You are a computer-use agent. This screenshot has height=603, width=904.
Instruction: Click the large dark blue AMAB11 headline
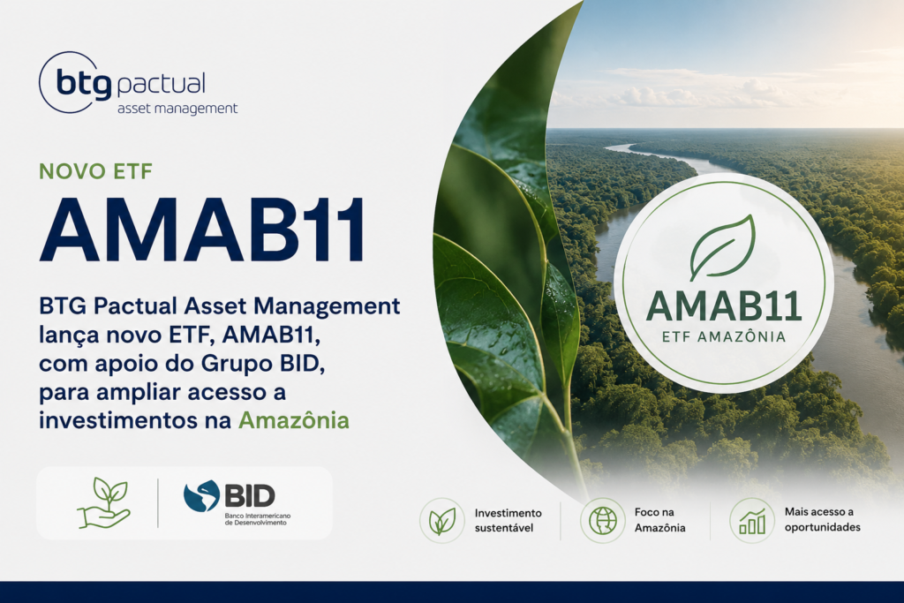(202, 230)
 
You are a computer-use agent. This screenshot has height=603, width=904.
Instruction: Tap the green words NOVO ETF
(95, 171)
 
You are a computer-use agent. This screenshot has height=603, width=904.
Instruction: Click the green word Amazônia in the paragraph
(294, 420)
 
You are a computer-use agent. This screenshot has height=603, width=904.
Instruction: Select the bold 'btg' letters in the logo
(84, 84)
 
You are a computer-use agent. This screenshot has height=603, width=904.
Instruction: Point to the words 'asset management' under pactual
(177, 109)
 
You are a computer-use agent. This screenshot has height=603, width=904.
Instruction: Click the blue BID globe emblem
(202, 496)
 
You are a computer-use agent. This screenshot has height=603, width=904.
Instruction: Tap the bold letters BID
(250, 495)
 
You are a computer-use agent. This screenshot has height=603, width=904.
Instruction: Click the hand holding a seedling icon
(104, 502)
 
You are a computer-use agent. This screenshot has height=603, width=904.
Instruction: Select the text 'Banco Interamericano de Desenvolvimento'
(257, 519)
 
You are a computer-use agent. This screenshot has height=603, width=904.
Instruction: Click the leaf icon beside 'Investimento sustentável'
(442, 521)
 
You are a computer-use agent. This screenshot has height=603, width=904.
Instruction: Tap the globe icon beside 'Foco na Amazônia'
(602, 521)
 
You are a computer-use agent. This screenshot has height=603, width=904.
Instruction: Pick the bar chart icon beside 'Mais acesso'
(752, 521)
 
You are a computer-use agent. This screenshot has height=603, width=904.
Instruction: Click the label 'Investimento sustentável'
(508, 520)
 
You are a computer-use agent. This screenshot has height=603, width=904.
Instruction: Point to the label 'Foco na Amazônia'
(660, 520)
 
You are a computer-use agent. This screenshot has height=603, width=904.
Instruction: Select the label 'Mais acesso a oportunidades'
(822, 519)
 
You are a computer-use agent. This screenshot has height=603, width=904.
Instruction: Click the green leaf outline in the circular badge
(722, 248)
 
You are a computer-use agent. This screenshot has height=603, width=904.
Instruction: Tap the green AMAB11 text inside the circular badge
(724, 306)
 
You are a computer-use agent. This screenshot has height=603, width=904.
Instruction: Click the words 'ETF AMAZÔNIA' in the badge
(724, 336)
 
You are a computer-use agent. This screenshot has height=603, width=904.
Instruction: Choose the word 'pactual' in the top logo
(161, 85)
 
